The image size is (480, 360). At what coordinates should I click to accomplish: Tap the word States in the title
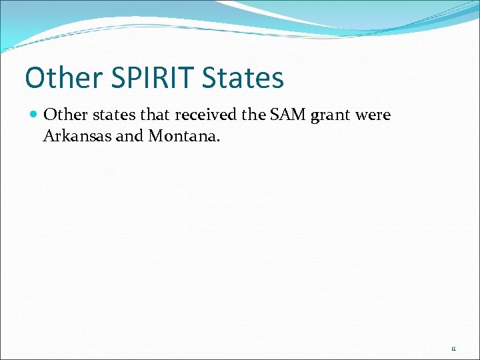(243, 78)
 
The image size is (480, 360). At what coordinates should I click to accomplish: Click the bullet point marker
(35, 115)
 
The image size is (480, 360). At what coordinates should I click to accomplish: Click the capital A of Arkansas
(49, 137)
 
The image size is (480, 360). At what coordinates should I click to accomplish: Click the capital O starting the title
(34, 78)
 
